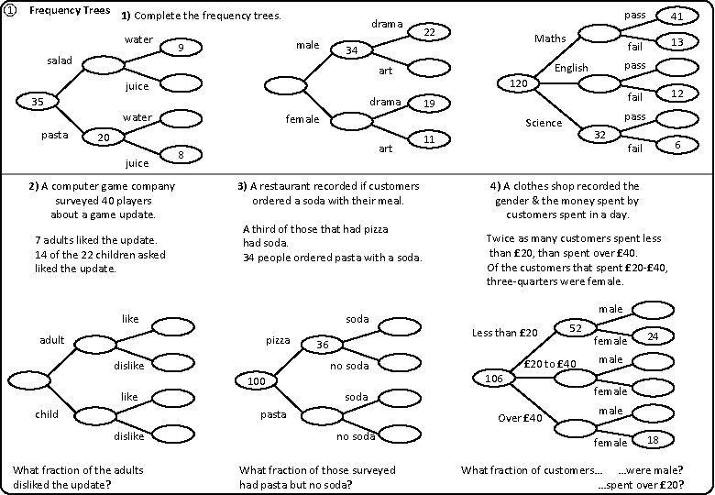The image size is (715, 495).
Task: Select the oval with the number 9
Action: (x=181, y=49)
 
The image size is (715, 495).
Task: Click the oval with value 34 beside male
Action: (x=351, y=50)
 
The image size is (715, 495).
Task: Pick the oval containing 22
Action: (x=426, y=33)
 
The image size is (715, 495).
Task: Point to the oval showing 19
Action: (x=427, y=104)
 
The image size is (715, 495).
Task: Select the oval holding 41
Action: (x=677, y=16)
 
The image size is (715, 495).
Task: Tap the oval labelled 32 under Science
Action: (x=600, y=135)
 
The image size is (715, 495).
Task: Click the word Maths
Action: (x=550, y=38)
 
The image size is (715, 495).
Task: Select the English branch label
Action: (x=571, y=69)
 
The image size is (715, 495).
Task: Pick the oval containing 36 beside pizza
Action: (x=323, y=345)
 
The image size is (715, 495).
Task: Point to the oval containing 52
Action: (x=576, y=327)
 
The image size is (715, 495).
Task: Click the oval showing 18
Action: (x=653, y=440)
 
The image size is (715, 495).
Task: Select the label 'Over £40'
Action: (x=521, y=418)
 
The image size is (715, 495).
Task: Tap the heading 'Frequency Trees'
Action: (x=71, y=11)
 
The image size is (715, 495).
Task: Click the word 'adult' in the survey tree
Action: (x=51, y=340)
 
